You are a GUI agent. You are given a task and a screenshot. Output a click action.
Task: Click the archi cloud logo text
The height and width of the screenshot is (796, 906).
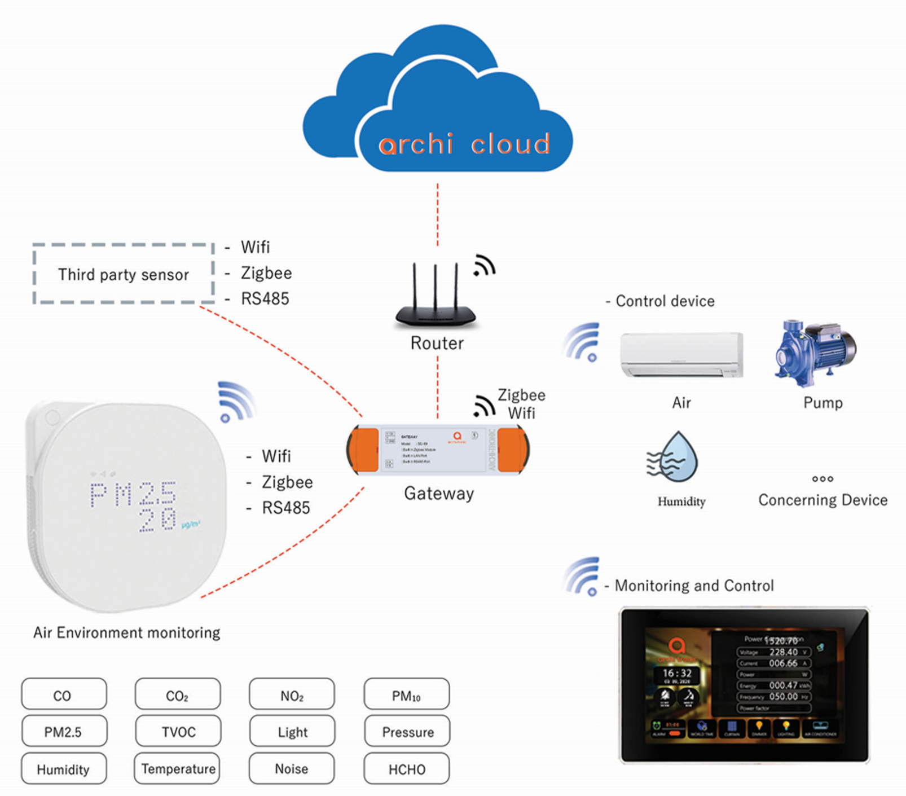pos(464,144)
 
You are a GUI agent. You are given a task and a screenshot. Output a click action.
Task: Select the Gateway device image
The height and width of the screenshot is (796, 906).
pos(438,450)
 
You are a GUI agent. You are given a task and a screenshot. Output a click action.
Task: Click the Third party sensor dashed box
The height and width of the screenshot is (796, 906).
pos(124,274)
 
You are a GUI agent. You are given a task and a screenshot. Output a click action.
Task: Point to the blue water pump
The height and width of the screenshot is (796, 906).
pos(815,353)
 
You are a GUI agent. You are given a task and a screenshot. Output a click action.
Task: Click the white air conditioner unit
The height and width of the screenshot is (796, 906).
pos(681,355)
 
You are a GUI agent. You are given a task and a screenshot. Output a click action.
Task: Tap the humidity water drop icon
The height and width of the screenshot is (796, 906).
pos(674,458)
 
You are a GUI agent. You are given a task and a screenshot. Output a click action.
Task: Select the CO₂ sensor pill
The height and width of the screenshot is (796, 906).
pos(178,694)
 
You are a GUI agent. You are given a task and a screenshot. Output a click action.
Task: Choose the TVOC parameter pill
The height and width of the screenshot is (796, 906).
pos(178,731)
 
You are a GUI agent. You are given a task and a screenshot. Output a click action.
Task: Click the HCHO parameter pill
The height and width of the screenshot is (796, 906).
pos(407,769)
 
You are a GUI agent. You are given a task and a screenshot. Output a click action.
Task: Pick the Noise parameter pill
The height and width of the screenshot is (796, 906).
pos(292,768)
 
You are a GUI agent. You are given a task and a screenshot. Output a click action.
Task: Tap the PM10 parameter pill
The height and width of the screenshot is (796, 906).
pos(407,694)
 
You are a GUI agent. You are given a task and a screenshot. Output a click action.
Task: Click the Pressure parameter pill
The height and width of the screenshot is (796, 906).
pos(407,731)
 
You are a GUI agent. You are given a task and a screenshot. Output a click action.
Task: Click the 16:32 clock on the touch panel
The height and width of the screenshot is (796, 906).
pos(676,674)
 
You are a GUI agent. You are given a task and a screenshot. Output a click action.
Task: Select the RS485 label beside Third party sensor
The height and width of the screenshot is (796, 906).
pos(265,298)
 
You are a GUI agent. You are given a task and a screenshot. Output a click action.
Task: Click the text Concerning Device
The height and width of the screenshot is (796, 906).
pos(823,500)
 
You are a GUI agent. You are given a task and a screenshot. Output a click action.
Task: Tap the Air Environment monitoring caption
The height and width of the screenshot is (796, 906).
pos(126,632)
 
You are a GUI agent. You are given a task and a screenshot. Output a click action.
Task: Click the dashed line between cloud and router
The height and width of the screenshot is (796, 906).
pos(437,214)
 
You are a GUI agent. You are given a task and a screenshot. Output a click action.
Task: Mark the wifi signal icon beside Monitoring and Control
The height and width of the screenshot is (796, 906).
pos(582,577)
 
